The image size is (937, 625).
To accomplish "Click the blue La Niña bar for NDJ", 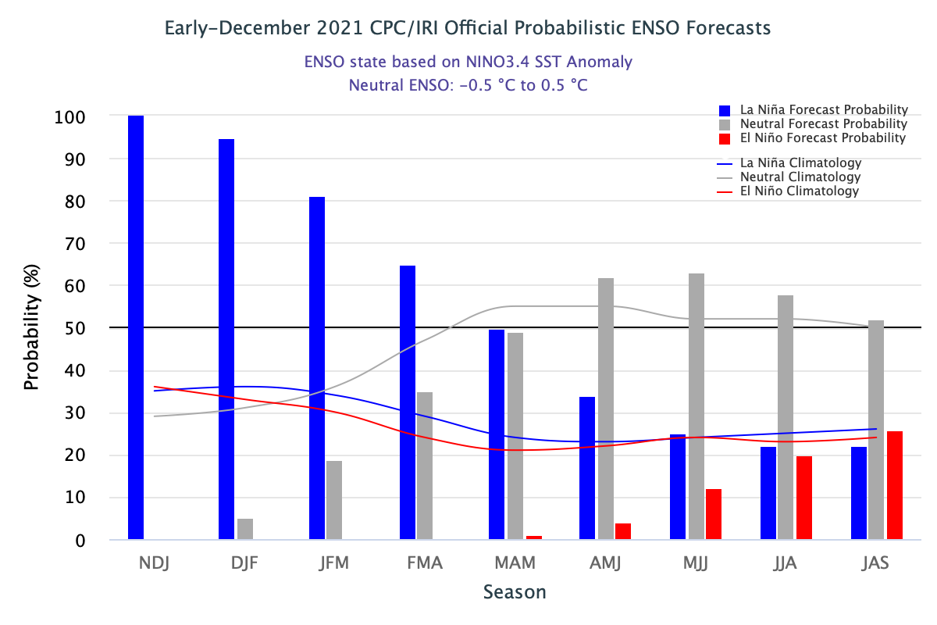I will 136,327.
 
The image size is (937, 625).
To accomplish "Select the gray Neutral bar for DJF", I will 245,529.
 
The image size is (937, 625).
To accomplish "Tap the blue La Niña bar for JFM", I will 317,368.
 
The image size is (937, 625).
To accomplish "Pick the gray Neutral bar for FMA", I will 425,466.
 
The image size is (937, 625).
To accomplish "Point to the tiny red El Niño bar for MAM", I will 534,537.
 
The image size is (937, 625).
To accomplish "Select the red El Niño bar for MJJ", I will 714,514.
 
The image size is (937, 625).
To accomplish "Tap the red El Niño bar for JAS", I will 895,485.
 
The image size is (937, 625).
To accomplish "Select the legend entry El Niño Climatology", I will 799,191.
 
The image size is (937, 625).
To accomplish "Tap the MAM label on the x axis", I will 515,563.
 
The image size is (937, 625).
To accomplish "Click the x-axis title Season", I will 515,592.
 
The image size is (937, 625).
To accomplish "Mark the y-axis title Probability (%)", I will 31,328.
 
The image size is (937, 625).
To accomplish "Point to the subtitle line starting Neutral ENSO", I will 468,85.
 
